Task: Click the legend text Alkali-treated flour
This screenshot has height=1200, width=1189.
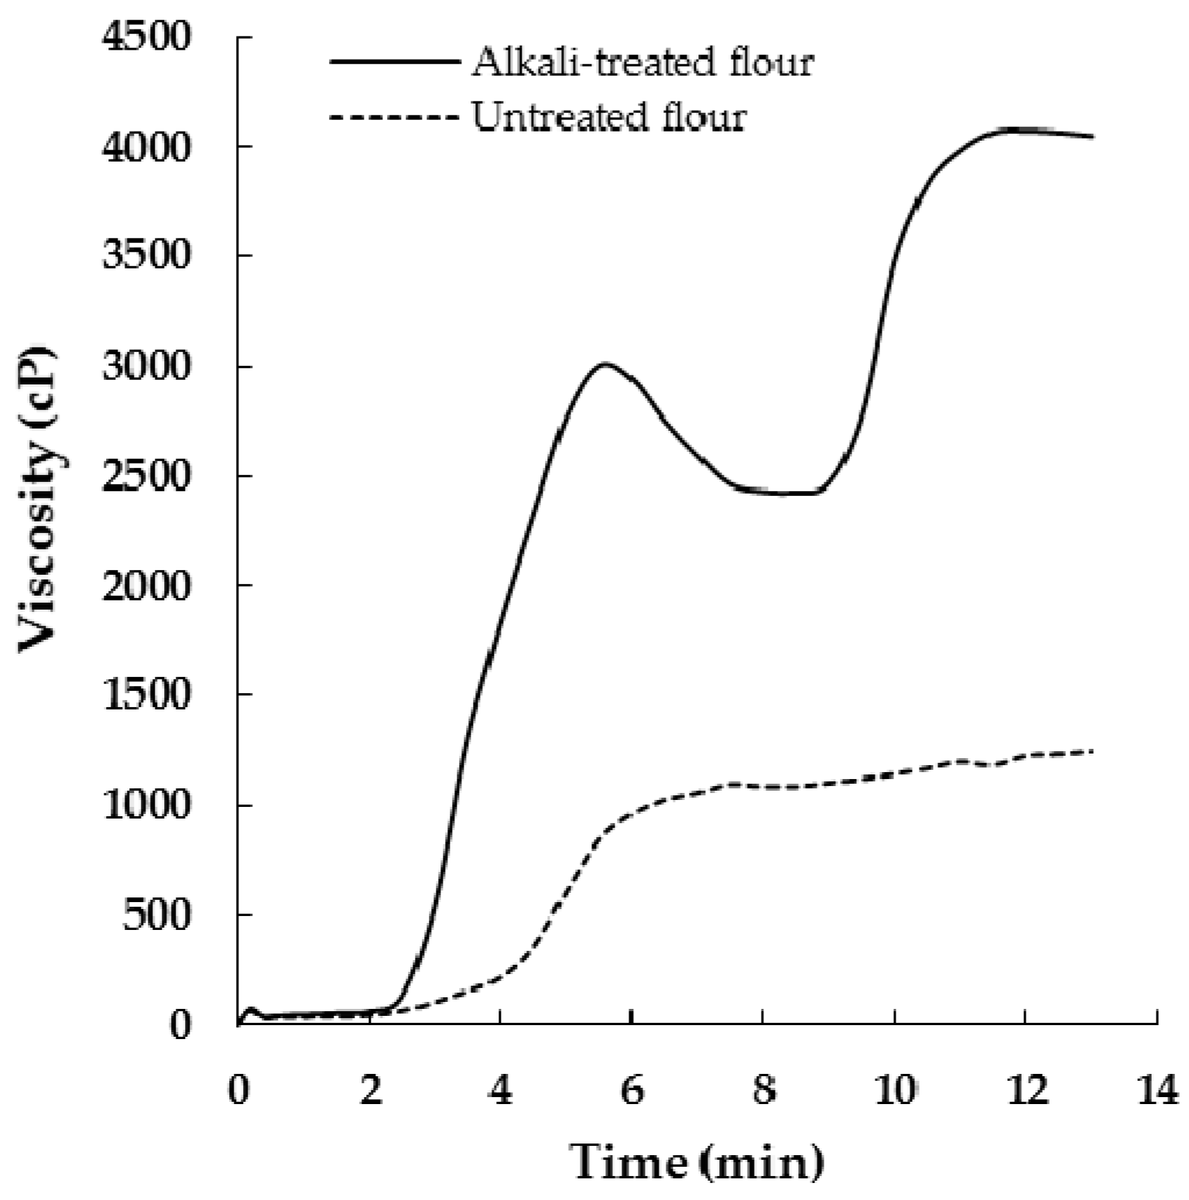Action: coord(642,63)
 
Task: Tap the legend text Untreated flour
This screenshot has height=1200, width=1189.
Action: coord(609,118)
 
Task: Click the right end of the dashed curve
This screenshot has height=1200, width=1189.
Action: coord(1091,751)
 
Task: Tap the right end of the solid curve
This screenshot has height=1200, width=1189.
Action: coord(1091,137)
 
